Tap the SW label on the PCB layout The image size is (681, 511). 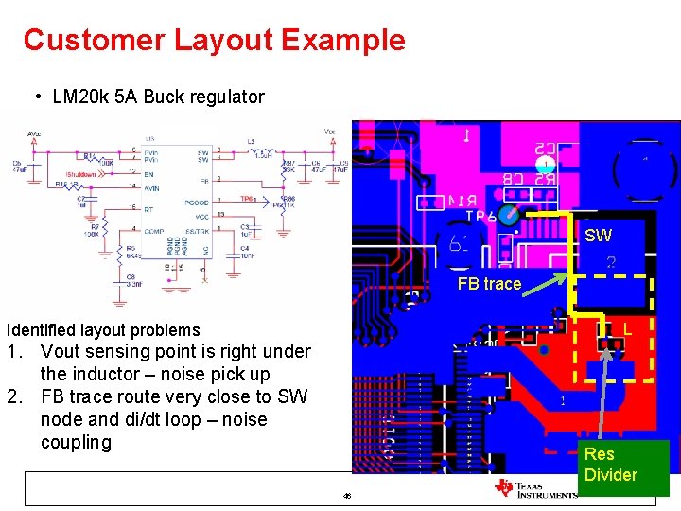tap(598, 236)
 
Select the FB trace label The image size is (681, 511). tap(489, 284)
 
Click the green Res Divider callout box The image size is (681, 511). tap(611, 466)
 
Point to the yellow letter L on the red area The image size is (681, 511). tap(627, 329)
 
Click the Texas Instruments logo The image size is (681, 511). tap(535, 487)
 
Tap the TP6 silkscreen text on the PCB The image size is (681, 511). tap(481, 216)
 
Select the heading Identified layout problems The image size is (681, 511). tap(103, 330)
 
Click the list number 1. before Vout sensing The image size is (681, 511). tap(16, 352)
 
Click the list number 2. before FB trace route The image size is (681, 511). tap(16, 397)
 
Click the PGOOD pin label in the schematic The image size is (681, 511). tap(197, 203)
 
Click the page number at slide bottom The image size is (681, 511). tap(347, 496)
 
